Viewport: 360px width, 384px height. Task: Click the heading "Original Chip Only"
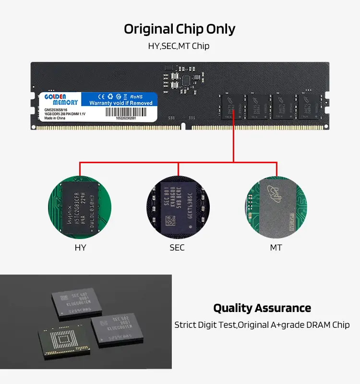pyautogui.click(x=180, y=29)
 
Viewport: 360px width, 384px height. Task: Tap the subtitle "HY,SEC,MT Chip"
pyautogui.click(x=179, y=47)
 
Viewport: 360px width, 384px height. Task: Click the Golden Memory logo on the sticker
pyautogui.click(x=61, y=99)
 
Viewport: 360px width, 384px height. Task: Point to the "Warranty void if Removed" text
pyautogui.click(x=121, y=103)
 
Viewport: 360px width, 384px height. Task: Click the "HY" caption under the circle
pyautogui.click(x=80, y=248)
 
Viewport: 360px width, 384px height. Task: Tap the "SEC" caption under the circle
pyautogui.click(x=177, y=248)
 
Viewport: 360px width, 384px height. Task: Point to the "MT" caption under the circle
pyautogui.click(x=276, y=248)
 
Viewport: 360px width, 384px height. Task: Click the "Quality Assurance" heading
pyautogui.click(x=262, y=308)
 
